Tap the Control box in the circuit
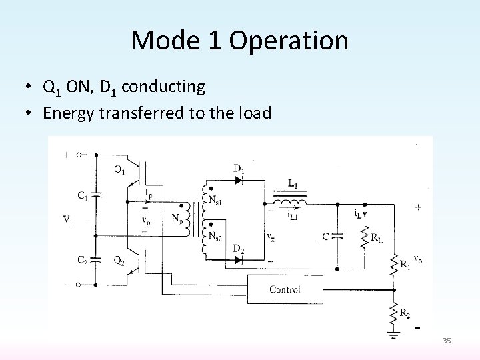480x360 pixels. [285, 289]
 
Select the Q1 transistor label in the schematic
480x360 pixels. [119, 169]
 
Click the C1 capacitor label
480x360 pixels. [83, 195]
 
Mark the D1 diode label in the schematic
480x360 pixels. [238, 169]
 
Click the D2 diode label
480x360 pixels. [237, 250]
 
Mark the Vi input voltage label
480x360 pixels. [68, 220]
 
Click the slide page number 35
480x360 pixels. [447, 341]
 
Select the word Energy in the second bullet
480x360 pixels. [69, 113]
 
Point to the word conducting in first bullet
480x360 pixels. [164, 87]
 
